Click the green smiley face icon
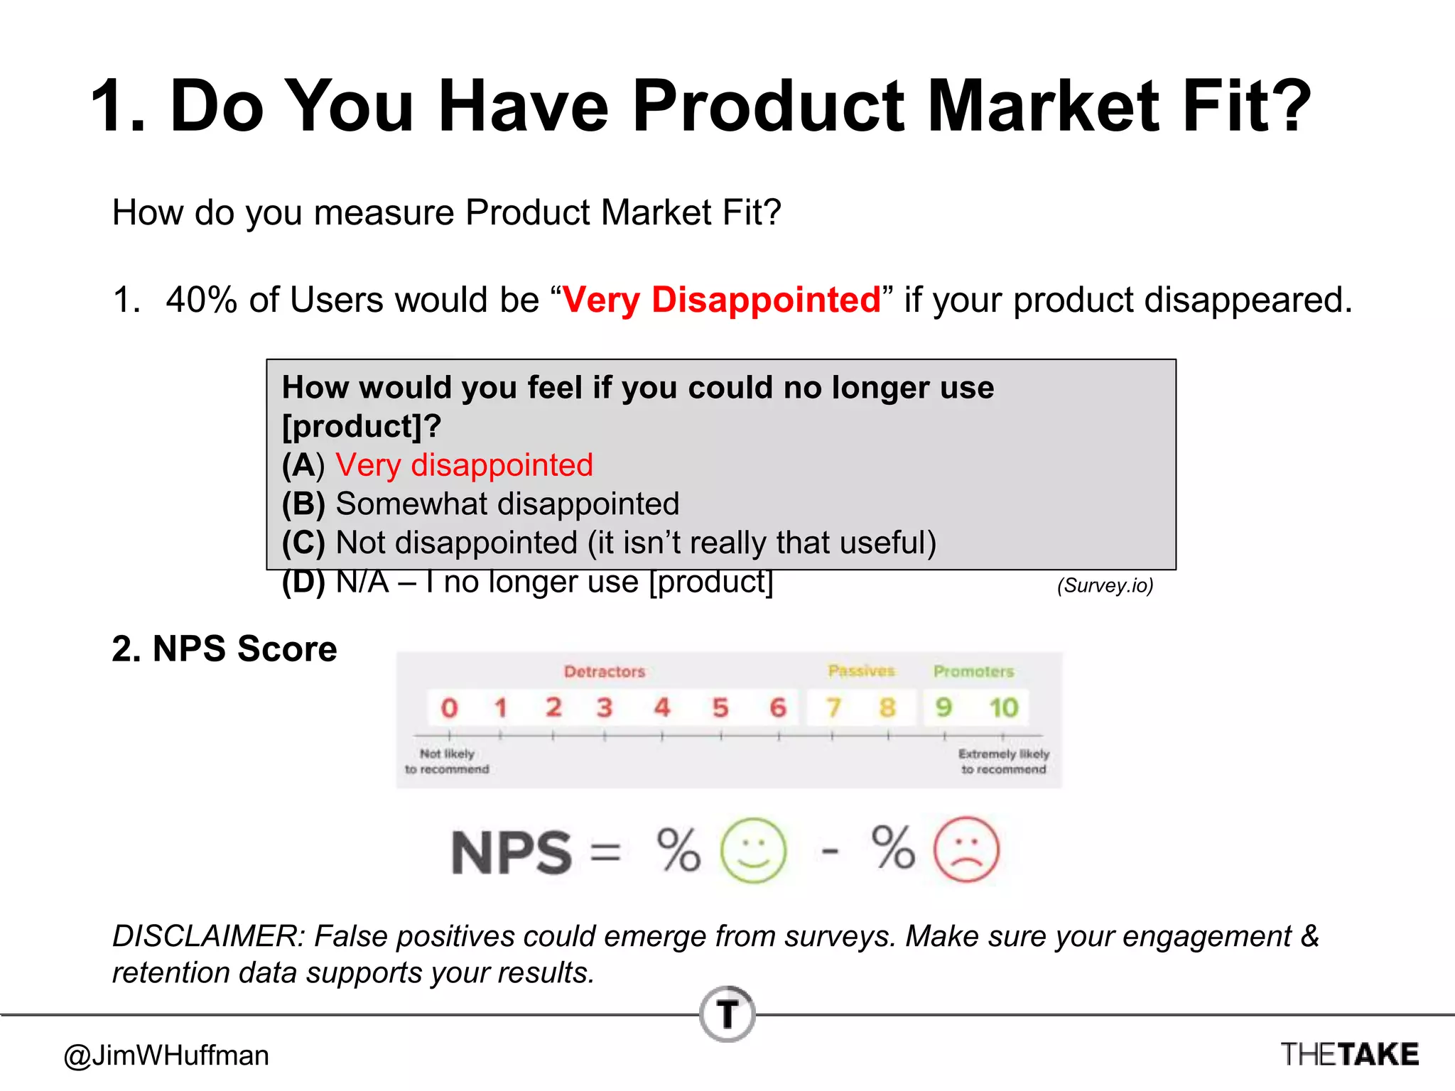click(753, 850)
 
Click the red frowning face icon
click(966, 850)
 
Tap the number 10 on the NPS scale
click(1003, 707)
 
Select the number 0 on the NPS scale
click(449, 708)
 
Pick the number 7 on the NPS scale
click(833, 707)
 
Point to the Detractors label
click(605, 671)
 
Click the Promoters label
click(973, 671)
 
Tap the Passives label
click(861, 671)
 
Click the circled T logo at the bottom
click(727, 1014)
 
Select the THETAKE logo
click(1349, 1054)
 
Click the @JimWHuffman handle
click(166, 1055)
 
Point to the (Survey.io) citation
click(1105, 585)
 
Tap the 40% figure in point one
click(201, 300)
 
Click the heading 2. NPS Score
click(225, 648)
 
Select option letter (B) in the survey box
click(303, 504)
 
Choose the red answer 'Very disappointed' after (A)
click(464, 465)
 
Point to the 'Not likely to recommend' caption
click(447, 761)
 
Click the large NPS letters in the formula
click(512, 852)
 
